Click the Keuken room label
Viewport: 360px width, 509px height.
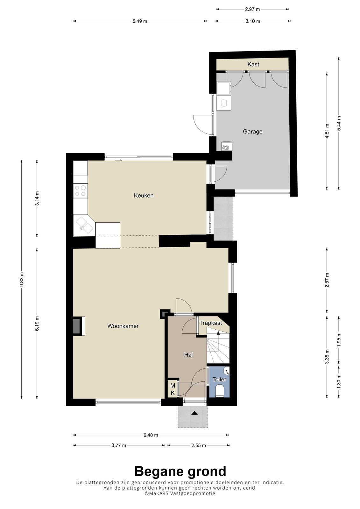point(144,195)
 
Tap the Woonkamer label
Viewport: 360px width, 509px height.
point(123,326)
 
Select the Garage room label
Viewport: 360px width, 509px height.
point(252,132)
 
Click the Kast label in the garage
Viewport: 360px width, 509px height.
point(253,64)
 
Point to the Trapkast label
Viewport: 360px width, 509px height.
point(211,323)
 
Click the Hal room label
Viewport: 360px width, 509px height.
point(188,355)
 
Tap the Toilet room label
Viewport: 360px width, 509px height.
point(219,379)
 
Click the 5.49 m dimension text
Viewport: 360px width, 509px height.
point(140,21)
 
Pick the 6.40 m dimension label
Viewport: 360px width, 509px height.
point(151,435)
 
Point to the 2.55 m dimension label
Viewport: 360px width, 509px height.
point(199,445)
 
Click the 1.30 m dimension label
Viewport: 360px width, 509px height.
point(339,385)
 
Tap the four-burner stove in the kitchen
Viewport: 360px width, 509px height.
point(80,191)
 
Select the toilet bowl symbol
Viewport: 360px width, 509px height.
point(220,390)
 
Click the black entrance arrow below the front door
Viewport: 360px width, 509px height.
point(194,413)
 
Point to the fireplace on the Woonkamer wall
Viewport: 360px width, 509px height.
point(79,326)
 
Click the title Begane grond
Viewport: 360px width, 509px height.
point(180,471)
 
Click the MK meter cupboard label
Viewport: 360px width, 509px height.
point(173,389)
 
